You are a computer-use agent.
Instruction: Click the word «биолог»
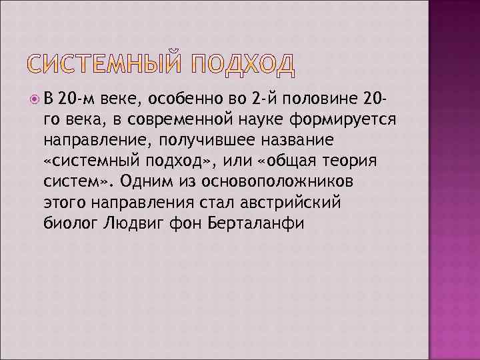tap(67, 223)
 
